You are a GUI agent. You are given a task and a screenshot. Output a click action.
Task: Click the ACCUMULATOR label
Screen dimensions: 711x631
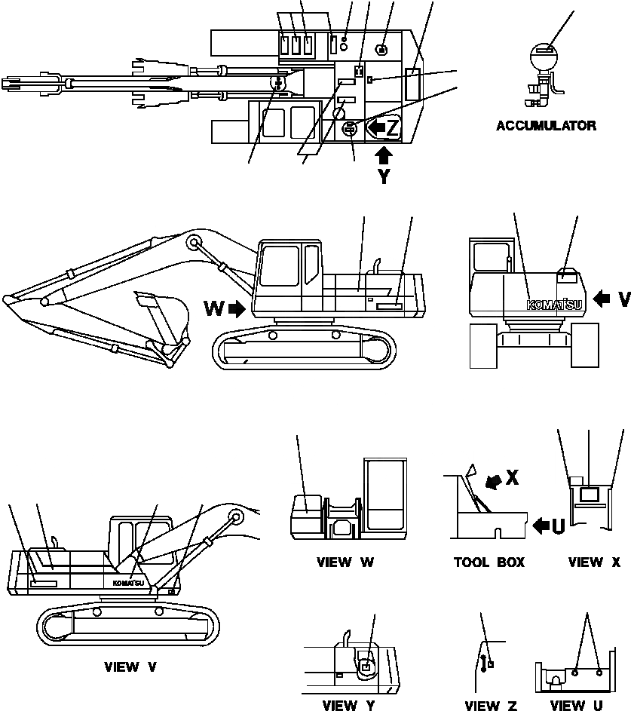[x=546, y=126]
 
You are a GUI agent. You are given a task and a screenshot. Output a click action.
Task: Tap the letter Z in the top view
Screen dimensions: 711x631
[x=393, y=127]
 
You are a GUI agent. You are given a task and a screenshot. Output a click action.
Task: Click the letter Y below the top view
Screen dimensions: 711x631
[x=384, y=178]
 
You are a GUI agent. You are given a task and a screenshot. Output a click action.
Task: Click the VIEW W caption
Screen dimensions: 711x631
[x=344, y=562]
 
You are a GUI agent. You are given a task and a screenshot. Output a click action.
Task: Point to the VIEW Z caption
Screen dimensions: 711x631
[x=491, y=706]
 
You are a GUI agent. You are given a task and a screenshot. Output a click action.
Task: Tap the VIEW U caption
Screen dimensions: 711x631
[x=577, y=706]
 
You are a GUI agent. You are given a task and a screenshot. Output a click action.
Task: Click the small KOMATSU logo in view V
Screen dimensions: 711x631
[x=128, y=583]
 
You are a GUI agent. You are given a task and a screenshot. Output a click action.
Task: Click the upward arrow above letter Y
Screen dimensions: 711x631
[x=384, y=155]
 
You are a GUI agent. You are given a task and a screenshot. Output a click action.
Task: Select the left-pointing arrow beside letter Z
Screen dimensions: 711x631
[x=375, y=127]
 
